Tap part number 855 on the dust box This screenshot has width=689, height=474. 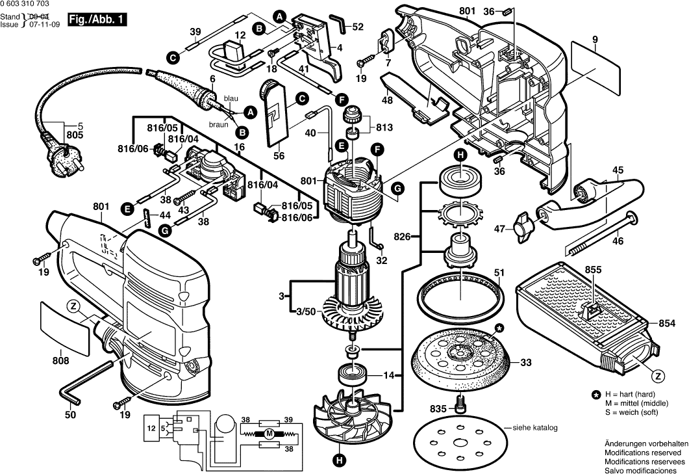pyautogui.click(x=592, y=269)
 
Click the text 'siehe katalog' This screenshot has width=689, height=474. pyautogui.click(x=536, y=428)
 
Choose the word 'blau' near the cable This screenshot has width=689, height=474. pyautogui.click(x=231, y=98)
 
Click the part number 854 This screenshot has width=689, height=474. pyautogui.click(x=668, y=323)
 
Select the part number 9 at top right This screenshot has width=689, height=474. pyautogui.click(x=594, y=40)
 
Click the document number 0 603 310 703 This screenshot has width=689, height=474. pyautogui.click(x=24, y=4)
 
